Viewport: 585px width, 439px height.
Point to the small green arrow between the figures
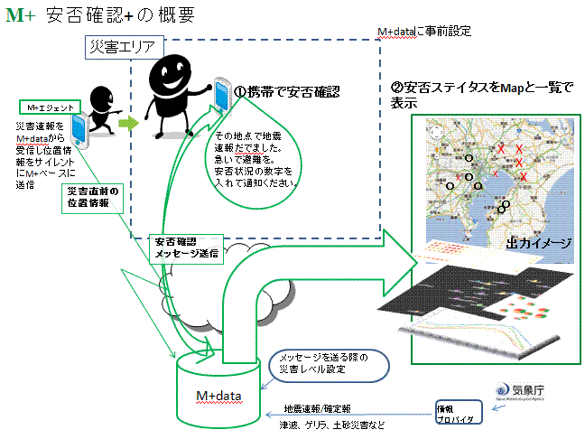pyautogui.click(x=130, y=120)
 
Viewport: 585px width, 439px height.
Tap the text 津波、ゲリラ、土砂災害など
pyautogui.click(x=332, y=424)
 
